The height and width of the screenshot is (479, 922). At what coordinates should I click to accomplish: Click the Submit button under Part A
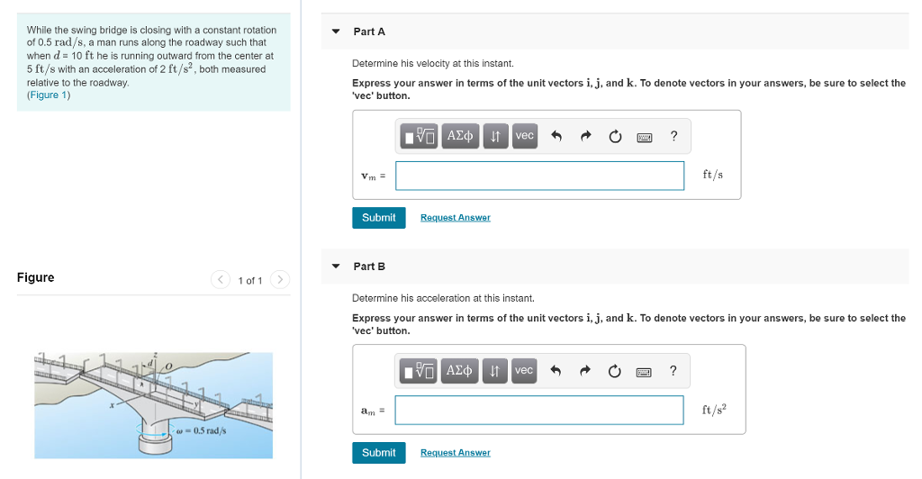click(x=378, y=218)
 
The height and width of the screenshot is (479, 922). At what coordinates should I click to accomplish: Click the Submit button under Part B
click(x=378, y=453)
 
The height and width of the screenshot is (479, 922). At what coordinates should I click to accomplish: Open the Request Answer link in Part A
click(x=455, y=218)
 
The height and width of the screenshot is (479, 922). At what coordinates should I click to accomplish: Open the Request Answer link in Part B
click(x=455, y=453)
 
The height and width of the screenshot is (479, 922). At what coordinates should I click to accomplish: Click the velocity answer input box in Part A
click(x=539, y=176)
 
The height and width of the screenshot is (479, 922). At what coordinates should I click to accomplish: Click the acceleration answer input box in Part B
click(x=539, y=411)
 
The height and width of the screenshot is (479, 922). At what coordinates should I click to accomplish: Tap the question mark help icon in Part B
click(x=673, y=371)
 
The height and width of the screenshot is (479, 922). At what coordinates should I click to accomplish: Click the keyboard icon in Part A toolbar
click(x=644, y=137)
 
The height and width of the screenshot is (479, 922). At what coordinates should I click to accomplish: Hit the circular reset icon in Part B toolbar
click(x=615, y=371)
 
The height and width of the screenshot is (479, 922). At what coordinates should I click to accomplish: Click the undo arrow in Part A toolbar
click(x=556, y=137)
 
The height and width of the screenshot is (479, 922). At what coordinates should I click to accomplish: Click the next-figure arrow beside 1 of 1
click(x=280, y=280)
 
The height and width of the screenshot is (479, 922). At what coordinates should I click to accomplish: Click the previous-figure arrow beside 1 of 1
click(x=221, y=280)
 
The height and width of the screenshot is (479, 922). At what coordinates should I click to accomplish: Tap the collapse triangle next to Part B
click(x=336, y=267)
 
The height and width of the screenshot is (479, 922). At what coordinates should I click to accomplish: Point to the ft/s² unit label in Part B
click(x=714, y=411)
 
